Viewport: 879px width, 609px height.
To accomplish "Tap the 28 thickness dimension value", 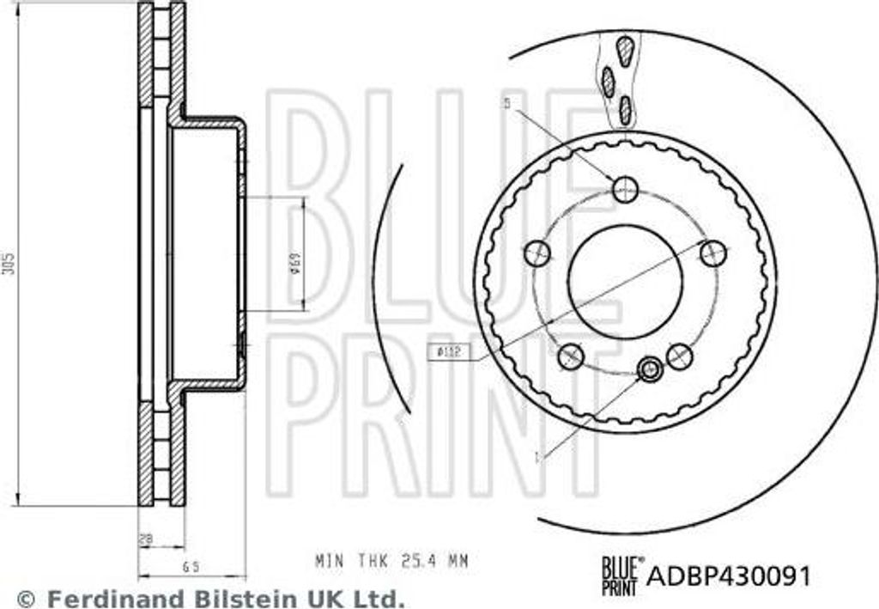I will click(x=147, y=539).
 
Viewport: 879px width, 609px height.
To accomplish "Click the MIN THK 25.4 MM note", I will click(x=391, y=561).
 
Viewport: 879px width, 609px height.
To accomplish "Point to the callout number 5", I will click(x=506, y=104).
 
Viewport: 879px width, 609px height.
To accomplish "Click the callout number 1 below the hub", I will click(x=538, y=458).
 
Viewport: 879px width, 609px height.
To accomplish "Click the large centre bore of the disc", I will click(x=625, y=282).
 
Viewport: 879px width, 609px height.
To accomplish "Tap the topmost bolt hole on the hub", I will click(x=626, y=188).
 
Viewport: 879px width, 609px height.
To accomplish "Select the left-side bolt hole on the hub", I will click(x=537, y=253).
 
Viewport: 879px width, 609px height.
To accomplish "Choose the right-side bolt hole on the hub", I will click(x=713, y=253).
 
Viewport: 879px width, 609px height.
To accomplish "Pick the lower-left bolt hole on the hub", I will click(x=571, y=356).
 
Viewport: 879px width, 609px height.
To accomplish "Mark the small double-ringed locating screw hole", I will click(x=650, y=370).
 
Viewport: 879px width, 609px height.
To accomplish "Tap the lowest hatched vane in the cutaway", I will click(x=626, y=108).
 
